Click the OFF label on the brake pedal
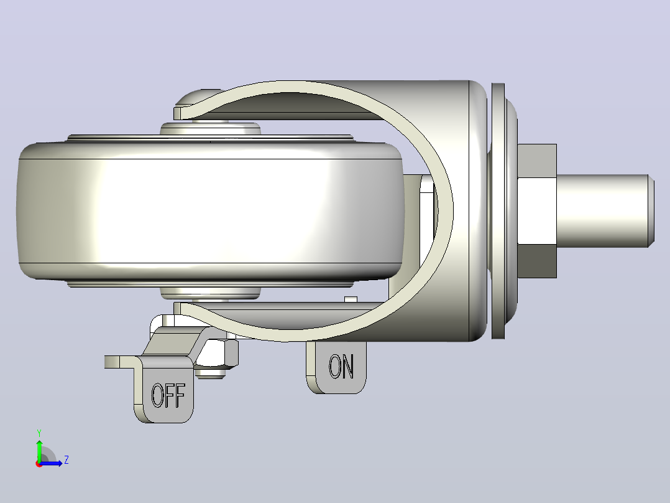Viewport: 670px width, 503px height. (168, 395)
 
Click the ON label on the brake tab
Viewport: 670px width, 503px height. (341, 366)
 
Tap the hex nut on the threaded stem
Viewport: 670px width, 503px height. (537, 211)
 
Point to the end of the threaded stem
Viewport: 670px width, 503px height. (651, 210)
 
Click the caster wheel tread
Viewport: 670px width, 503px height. (210, 210)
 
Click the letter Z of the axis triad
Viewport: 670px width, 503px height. (67, 460)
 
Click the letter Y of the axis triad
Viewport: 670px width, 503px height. (39, 433)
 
